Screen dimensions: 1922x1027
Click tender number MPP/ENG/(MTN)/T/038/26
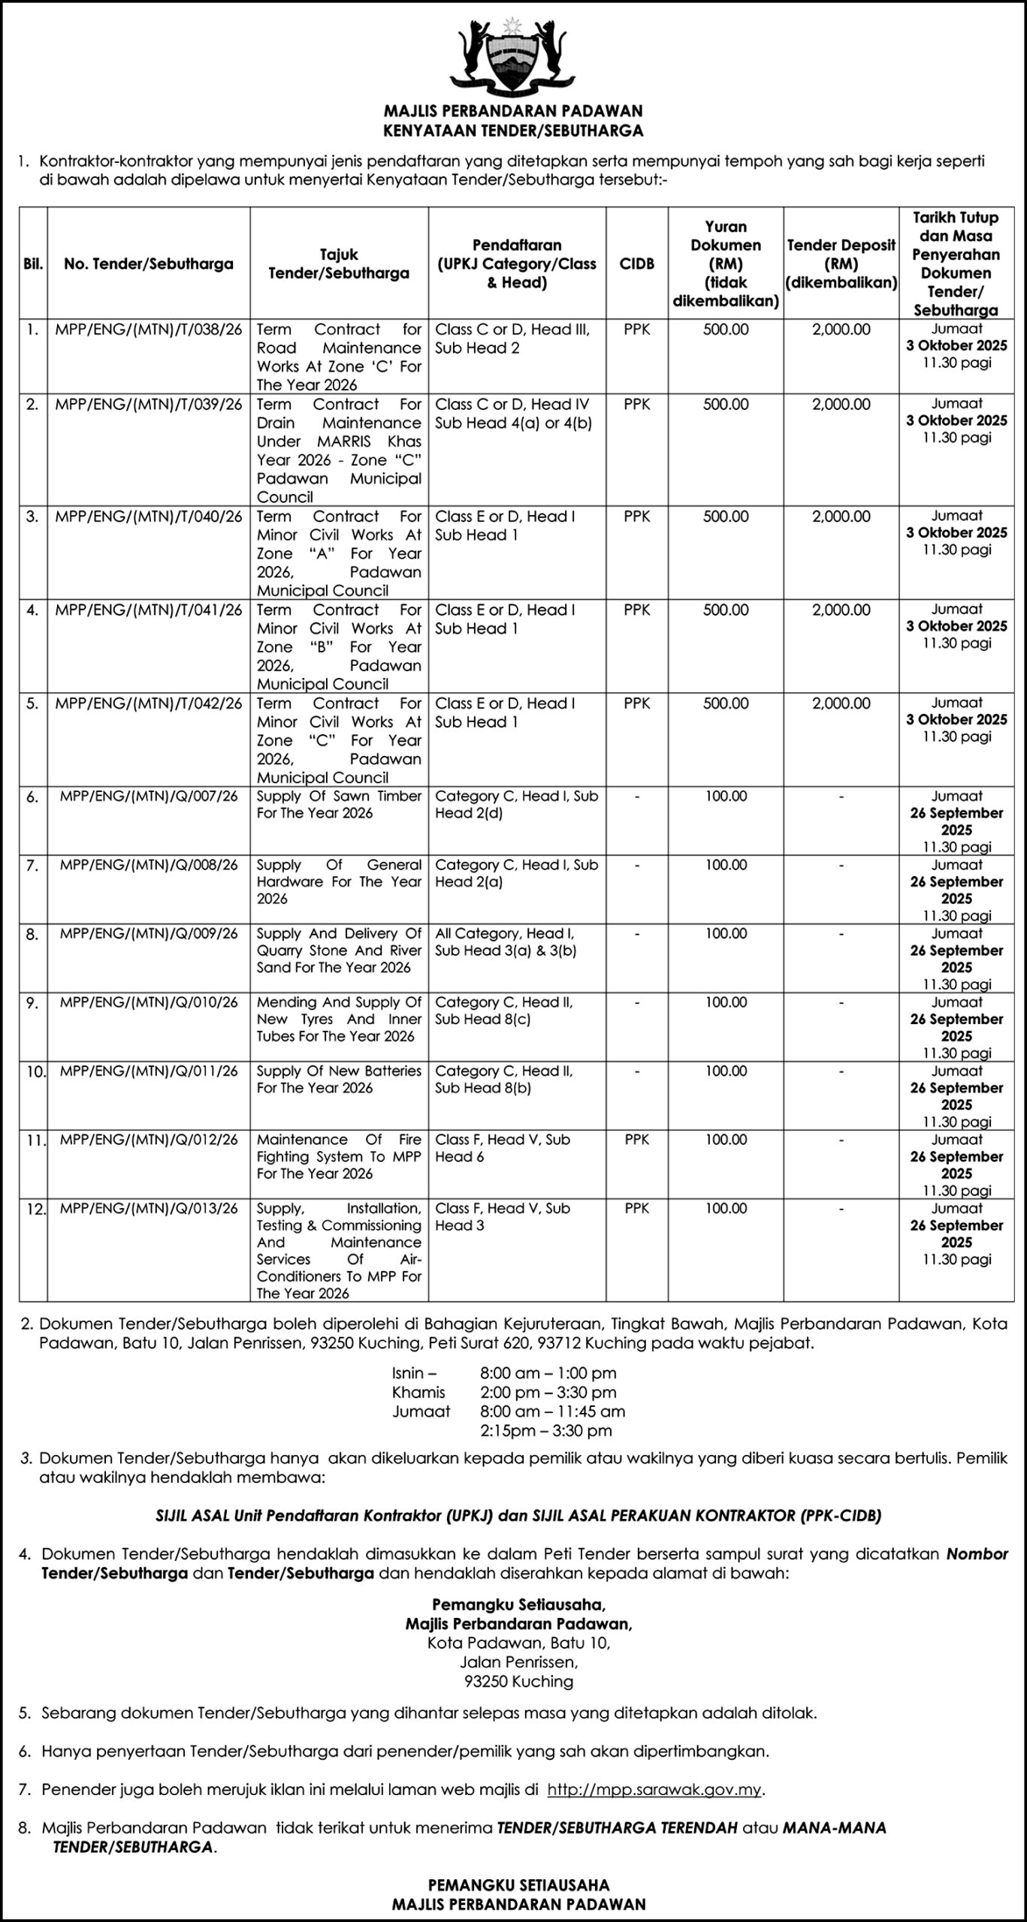(x=149, y=330)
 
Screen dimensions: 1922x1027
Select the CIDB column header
(x=636, y=264)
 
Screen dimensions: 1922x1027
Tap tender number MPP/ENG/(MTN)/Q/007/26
(x=149, y=796)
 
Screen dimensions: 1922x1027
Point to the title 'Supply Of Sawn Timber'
(x=339, y=804)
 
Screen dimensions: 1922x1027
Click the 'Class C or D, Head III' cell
(x=512, y=339)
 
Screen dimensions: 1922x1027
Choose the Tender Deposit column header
(x=841, y=264)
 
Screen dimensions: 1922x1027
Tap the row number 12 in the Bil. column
(x=33, y=1210)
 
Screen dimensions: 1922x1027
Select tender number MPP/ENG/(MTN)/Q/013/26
(x=149, y=1208)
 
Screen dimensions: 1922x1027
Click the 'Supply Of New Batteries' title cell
(x=339, y=1079)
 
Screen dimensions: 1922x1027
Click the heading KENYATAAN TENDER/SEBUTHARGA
(x=513, y=131)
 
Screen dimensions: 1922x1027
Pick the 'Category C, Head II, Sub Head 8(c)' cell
(x=504, y=1011)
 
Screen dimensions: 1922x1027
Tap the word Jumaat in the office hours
(x=421, y=1411)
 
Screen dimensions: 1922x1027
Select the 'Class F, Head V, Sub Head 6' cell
(x=503, y=1148)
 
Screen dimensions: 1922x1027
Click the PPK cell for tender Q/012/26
(x=636, y=1140)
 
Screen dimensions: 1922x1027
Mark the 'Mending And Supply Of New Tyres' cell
(x=339, y=1019)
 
